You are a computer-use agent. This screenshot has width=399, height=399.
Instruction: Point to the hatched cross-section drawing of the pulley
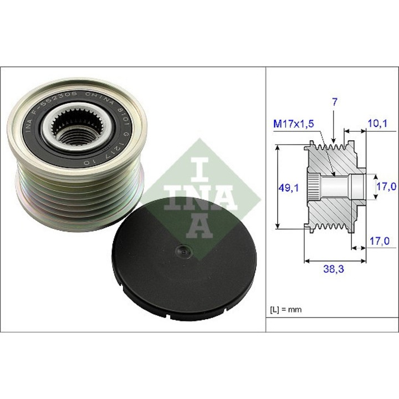(332, 188)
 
